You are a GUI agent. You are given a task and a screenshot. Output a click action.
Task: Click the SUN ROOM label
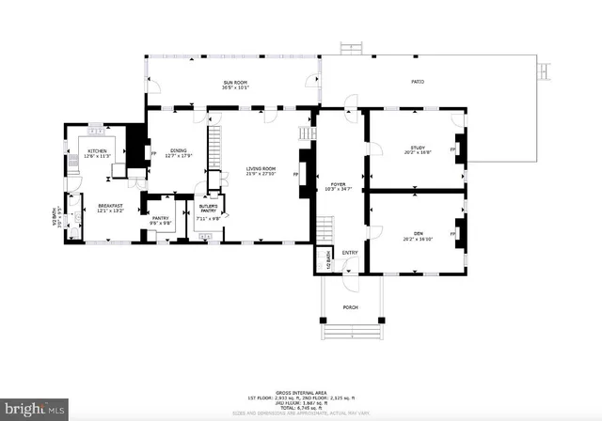coord(235,83)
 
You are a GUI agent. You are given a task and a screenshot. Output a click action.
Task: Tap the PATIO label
coord(417,82)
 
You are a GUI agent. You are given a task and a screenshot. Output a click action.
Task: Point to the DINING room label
coord(178,150)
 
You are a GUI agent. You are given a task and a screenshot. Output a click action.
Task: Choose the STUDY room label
coord(418,148)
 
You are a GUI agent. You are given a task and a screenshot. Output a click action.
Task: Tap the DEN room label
coord(418,235)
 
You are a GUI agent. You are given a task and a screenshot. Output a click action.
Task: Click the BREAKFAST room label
coord(110,206)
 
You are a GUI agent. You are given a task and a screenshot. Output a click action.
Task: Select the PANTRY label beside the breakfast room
coord(161,218)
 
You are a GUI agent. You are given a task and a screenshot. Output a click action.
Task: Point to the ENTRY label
coord(350,253)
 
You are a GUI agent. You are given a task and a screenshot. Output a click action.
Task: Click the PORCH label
coord(350,306)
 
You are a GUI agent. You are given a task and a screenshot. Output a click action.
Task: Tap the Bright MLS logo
coord(35,410)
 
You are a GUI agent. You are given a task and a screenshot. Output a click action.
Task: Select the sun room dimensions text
coord(235,88)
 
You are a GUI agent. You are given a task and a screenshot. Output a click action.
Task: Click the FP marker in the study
coord(453,148)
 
